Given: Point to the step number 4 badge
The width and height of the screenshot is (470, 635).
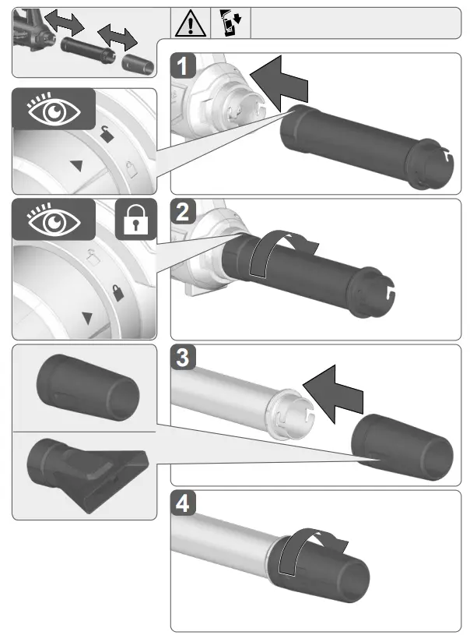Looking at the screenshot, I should click(x=182, y=504).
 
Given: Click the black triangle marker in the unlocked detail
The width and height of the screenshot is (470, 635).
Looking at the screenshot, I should click(x=75, y=166).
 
